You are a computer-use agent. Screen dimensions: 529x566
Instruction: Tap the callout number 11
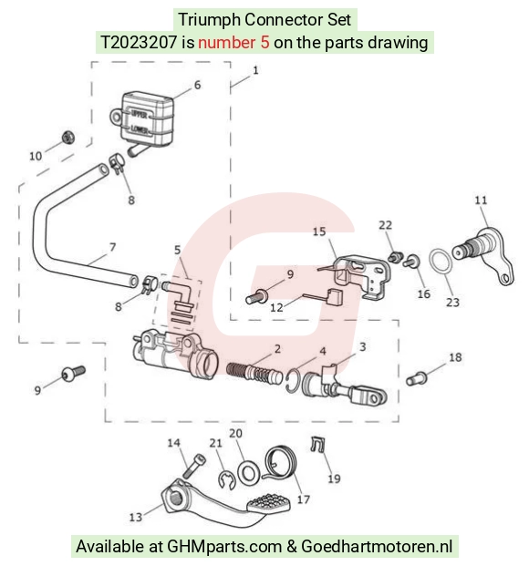click(481, 200)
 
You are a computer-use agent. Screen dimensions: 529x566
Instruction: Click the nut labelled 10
click(67, 137)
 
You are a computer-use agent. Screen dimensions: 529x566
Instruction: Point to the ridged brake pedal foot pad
click(269, 502)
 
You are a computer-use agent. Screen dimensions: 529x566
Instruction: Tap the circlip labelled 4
click(292, 381)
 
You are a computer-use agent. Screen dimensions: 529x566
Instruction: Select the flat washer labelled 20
click(247, 472)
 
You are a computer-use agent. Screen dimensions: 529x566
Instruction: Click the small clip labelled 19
click(317, 445)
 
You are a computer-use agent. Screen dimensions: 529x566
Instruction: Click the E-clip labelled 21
click(227, 481)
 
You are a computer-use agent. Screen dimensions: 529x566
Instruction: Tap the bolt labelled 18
click(417, 378)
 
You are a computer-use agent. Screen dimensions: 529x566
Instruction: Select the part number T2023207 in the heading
click(139, 43)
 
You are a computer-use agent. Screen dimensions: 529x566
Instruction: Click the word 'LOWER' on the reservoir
click(140, 129)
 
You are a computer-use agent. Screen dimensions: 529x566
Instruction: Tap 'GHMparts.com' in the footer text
click(224, 547)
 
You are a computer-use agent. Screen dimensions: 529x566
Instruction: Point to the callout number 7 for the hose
click(113, 247)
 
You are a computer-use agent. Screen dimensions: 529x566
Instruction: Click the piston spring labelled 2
click(254, 372)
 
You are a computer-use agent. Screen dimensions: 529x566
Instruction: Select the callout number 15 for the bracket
click(319, 232)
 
